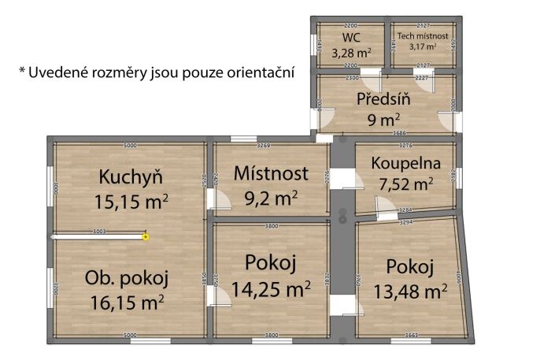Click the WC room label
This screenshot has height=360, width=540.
(350, 38)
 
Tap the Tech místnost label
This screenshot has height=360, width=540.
(423, 35)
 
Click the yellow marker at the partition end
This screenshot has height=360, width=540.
(146, 235)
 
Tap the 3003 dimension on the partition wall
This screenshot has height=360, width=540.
(99, 231)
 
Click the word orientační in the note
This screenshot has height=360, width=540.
(256, 72)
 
